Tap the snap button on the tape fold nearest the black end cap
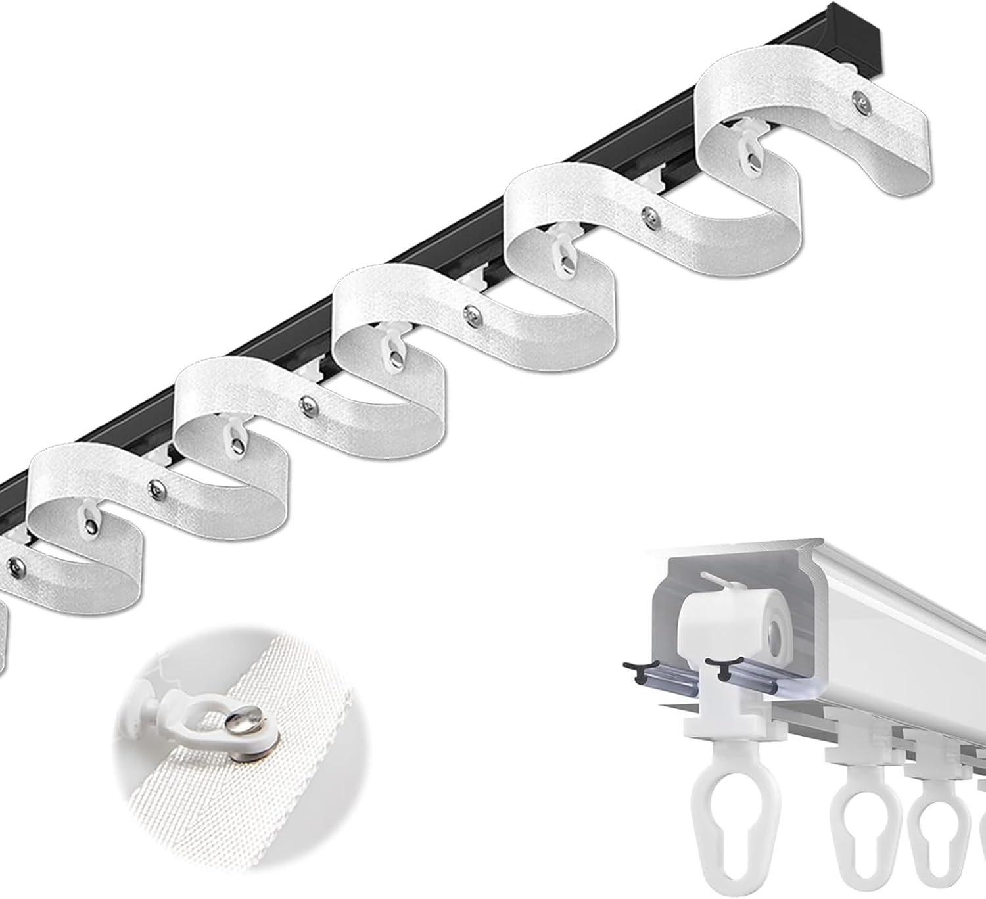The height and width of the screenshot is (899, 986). [858, 99]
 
